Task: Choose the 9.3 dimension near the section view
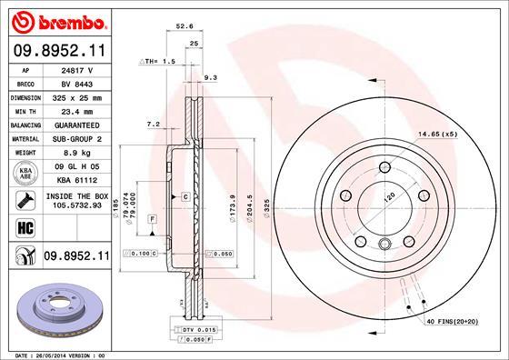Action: pyautogui.click(x=211, y=78)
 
